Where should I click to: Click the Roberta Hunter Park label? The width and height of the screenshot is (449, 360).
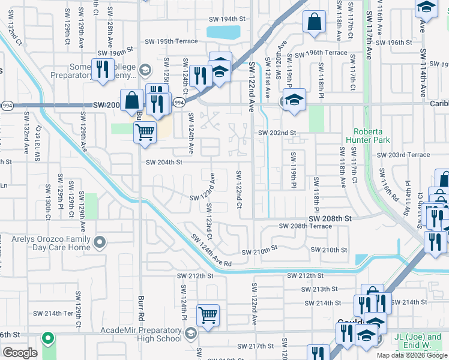(368, 135)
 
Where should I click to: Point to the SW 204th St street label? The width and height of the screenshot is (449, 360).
(164, 162)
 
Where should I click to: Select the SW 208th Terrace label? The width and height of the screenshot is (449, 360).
(306, 226)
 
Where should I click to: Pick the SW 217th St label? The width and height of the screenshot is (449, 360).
(255, 347)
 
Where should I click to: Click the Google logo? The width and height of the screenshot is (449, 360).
(20, 353)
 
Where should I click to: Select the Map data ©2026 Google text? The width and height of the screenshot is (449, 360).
(411, 355)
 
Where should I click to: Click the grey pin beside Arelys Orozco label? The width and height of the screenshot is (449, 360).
(100, 243)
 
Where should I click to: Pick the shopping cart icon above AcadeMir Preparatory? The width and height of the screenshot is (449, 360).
(208, 314)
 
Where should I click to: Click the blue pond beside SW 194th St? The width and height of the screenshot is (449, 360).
(223, 32)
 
